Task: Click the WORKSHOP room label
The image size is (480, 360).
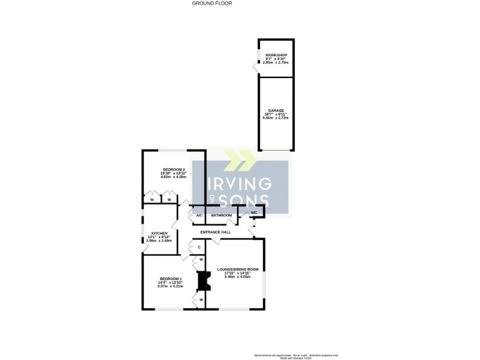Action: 276,55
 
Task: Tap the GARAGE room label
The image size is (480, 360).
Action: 276,110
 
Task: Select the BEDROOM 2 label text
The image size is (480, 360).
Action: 174,169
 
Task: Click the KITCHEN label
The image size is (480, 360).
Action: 158,233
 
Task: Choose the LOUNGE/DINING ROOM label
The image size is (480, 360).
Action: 237,269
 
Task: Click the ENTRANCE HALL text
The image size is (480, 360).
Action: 216,232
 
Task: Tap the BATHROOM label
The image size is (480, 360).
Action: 221,216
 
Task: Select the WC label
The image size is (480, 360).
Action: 254,213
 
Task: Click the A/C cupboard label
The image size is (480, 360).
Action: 199,216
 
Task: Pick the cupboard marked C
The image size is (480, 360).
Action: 199,247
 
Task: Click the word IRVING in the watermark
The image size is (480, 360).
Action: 239,184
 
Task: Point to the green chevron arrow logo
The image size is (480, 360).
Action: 239,160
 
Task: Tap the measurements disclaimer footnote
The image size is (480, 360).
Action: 294,356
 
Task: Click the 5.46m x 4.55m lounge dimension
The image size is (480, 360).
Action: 237,277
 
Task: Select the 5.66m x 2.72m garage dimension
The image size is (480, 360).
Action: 276,117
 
